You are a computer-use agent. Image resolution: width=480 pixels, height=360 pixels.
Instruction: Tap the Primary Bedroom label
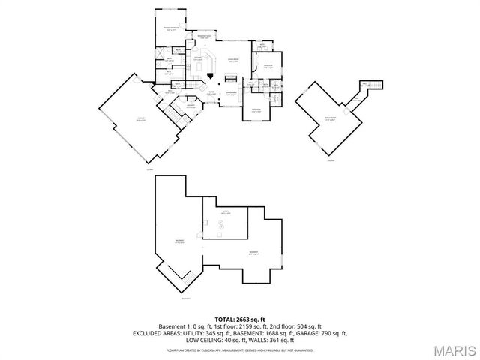pos(172,29)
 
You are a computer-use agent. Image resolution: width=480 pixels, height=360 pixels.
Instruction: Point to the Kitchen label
pos(198,58)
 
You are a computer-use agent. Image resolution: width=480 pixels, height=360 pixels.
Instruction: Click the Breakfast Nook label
pos(204,37)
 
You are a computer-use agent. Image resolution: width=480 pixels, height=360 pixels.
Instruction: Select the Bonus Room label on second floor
pos(330,119)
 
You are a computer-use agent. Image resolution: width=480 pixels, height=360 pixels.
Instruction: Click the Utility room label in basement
pos(224,212)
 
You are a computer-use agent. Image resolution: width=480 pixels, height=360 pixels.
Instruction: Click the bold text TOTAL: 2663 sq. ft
pos(240,319)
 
